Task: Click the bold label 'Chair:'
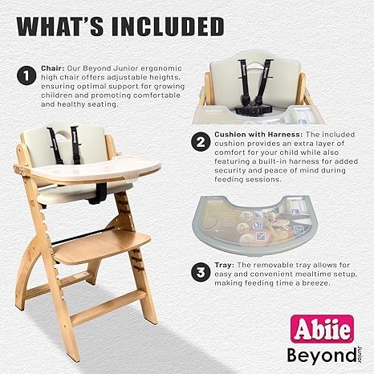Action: pyautogui.click(x=52, y=70)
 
